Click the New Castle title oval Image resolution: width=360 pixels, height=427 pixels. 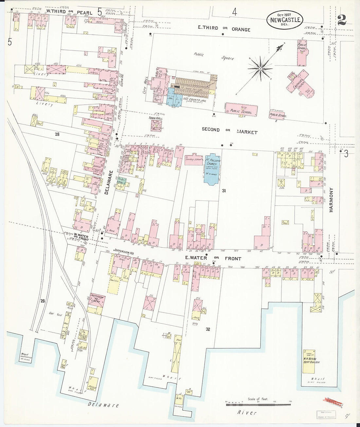(x=285, y=19)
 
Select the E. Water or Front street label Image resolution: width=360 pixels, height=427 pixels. (x=213, y=258)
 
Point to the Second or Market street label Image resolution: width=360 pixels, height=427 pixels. (x=229, y=131)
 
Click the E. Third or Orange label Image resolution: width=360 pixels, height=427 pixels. (x=224, y=29)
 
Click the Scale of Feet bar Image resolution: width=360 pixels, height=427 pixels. (x=258, y=405)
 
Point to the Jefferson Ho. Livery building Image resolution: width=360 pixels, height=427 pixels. (x=97, y=300)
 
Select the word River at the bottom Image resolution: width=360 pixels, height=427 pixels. (x=247, y=413)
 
